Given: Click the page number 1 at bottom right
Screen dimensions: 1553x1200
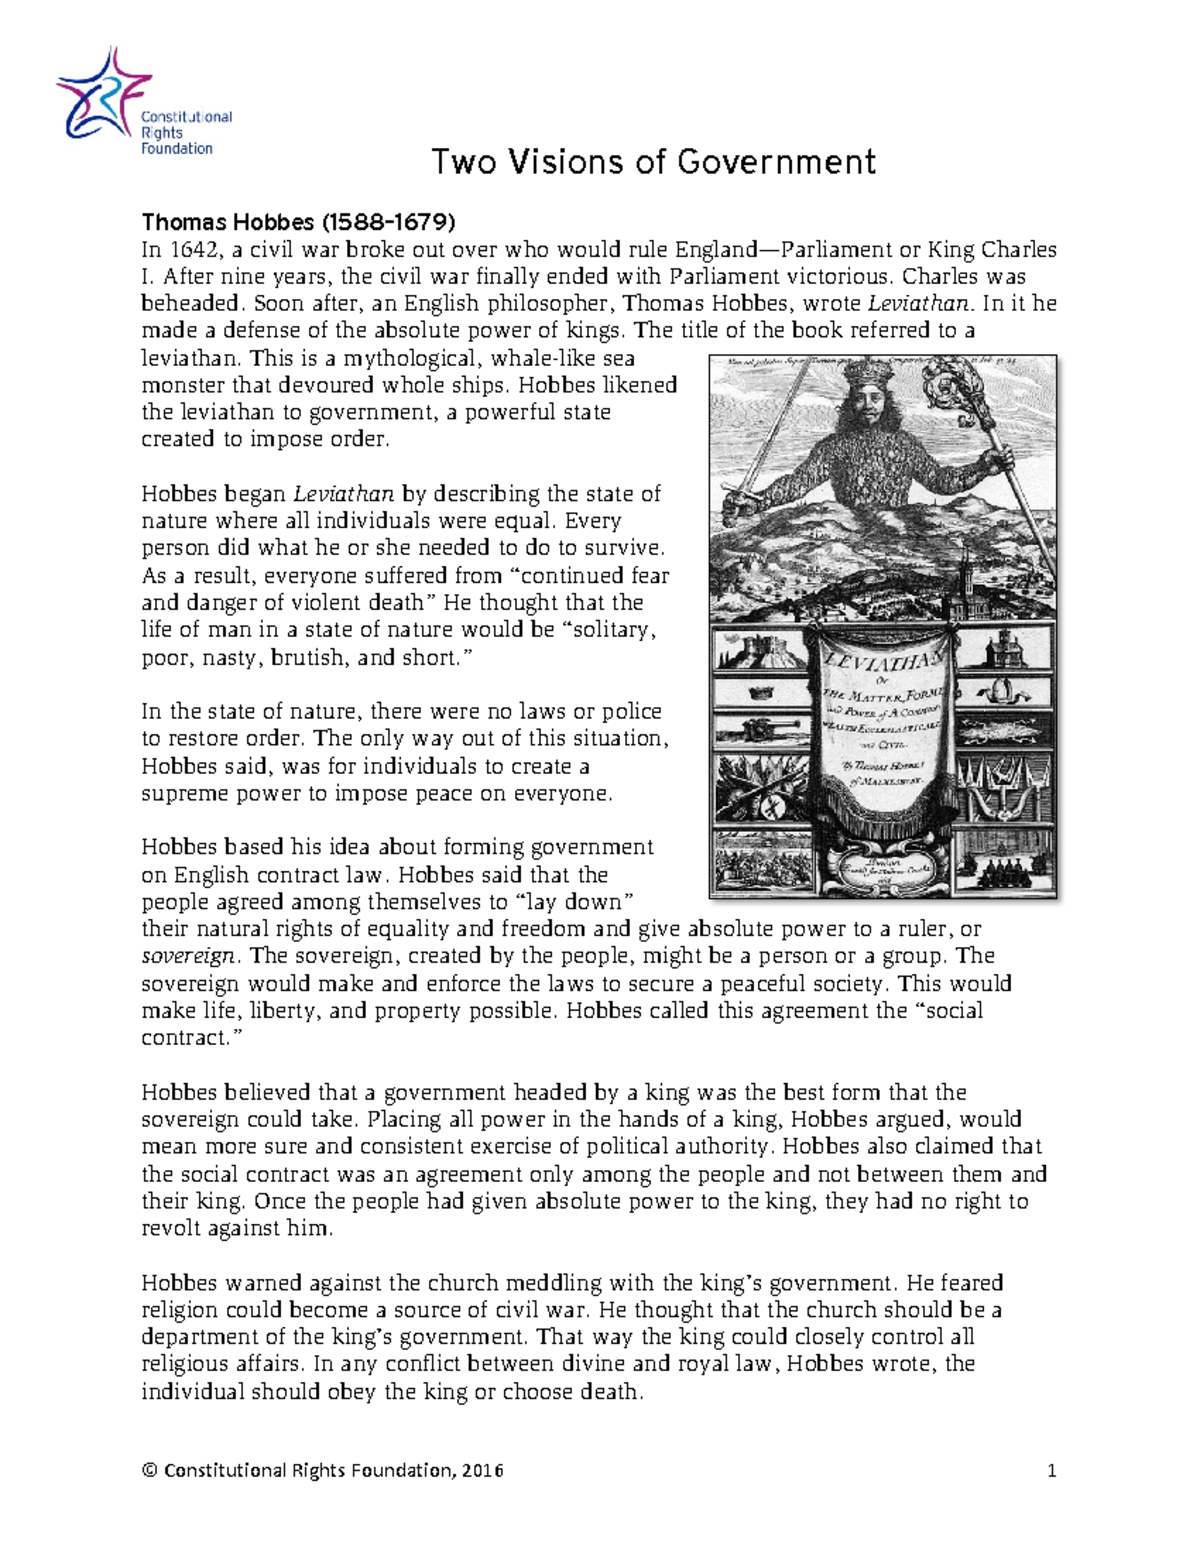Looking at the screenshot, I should coord(1051,1471).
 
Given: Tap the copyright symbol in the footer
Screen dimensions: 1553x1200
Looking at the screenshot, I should coord(150,1471).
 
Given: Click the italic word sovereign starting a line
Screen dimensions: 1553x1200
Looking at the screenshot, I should coord(188,956).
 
